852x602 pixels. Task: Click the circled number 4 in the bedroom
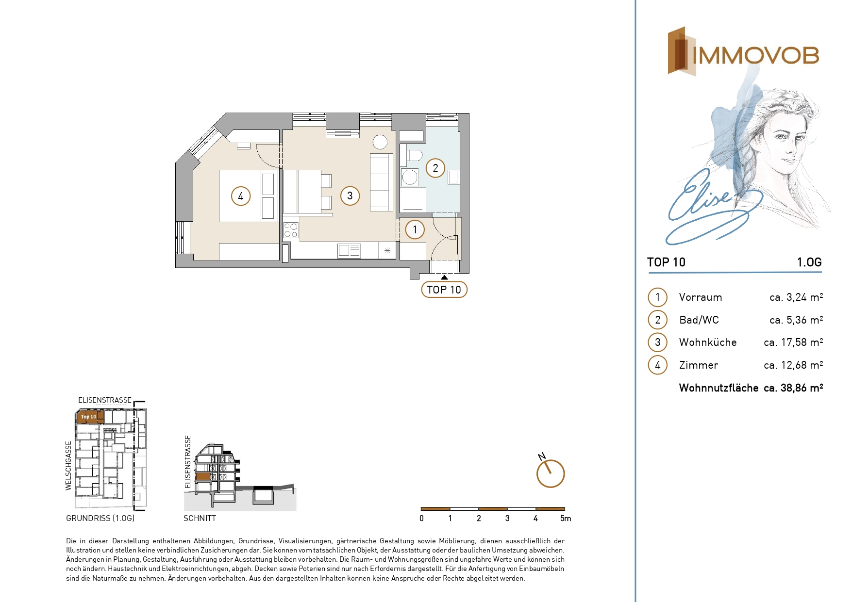tap(241, 196)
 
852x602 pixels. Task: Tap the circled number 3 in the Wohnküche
tap(350, 196)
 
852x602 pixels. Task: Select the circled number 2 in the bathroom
tap(435, 168)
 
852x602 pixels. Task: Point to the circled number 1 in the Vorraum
tap(415, 229)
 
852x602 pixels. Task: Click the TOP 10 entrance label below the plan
tap(444, 290)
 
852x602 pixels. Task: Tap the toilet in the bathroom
tap(412, 155)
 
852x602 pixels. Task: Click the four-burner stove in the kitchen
tap(291, 230)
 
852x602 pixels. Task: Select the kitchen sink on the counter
tap(349, 250)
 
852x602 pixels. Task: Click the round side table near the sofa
tap(380, 142)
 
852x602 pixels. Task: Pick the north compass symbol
tap(550, 472)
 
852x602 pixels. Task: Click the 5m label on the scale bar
tap(566, 519)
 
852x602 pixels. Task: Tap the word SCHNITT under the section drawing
tap(200, 519)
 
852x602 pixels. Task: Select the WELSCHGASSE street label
tap(68, 466)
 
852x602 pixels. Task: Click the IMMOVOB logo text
tap(756, 56)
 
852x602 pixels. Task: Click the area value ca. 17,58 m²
tap(793, 342)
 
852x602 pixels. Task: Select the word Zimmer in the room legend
tap(699, 365)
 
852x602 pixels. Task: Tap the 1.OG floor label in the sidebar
tap(809, 262)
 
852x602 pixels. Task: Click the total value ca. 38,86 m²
tap(793, 388)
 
